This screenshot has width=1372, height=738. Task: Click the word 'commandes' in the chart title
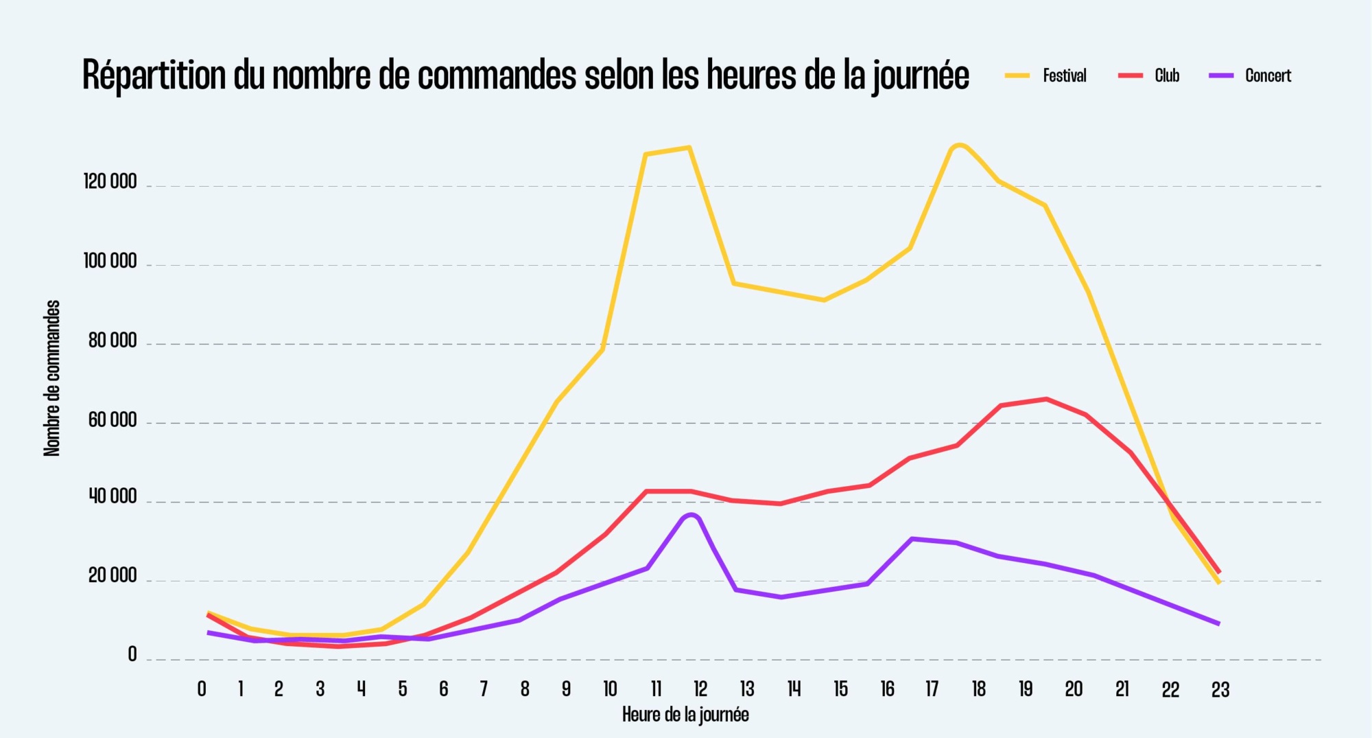tap(497, 76)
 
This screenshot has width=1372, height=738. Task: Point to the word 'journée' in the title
tap(921, 76)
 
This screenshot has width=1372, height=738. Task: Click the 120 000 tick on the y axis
tap(110, 182)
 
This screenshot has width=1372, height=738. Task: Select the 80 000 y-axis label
tap(113, 341)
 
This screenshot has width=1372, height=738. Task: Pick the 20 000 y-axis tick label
tap(113, 576)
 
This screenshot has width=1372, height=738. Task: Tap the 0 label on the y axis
tap(132, 655)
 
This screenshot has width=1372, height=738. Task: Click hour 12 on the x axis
tap(700, 689)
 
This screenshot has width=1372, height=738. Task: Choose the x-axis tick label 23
tap(1220, 689)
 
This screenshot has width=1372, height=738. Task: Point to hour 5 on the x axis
tap(403, 689)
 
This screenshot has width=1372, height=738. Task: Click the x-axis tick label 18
tap(978, 689)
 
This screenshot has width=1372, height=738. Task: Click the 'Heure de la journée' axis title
tap(685, 715)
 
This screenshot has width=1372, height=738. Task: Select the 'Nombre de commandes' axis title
tap(52, 378)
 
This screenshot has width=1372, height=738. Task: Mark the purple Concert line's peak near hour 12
tap(691, 515)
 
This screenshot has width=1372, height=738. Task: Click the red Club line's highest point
tap(1045, 399)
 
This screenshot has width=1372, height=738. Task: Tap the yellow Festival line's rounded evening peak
tap(959, 146)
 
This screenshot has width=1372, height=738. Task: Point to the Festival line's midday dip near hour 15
tap(824, 300)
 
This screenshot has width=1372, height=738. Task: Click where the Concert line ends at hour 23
tap(1218, 623)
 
